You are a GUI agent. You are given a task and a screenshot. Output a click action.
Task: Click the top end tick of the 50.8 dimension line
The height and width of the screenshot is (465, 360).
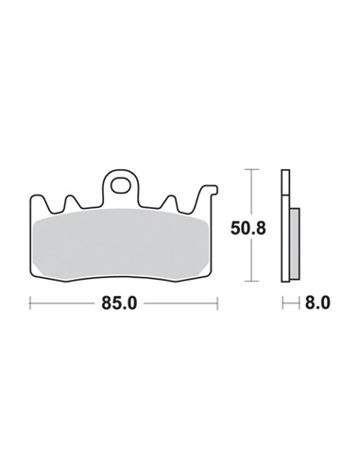tap(249, 170)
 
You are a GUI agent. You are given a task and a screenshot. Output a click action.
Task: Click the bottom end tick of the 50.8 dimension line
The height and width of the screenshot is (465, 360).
tap(249, 281)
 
